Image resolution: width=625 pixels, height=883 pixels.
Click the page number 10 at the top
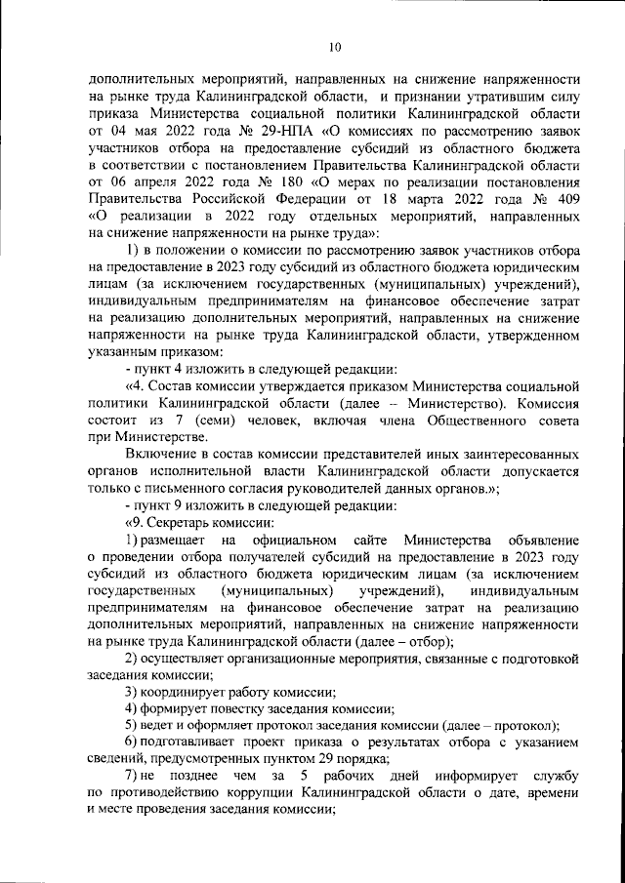(334, 46)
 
